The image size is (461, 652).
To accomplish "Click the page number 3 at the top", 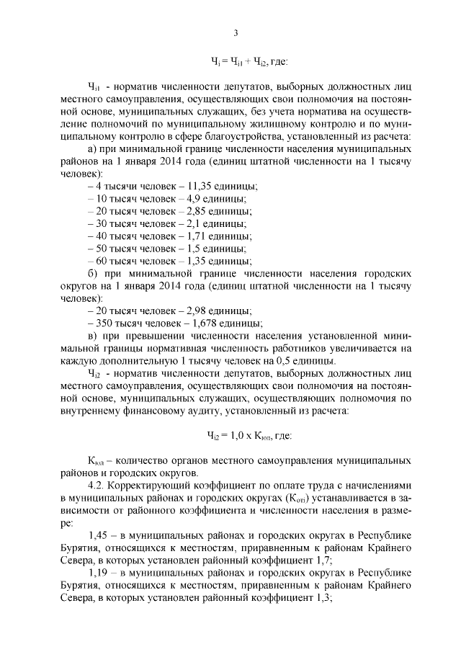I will pyautogui.click(x=236, y=32).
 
